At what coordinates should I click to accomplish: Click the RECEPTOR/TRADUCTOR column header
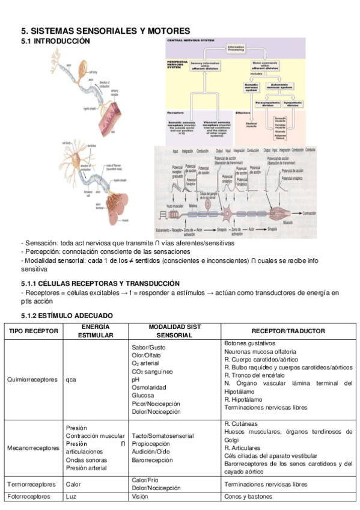click(288, 331)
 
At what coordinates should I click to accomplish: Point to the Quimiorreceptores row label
click(33, 379)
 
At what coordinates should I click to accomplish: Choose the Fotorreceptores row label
click(30, 497)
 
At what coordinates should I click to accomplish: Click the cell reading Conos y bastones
click(248, 497)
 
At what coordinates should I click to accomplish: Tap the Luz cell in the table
click(71, 497)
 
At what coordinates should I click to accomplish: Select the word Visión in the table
click(139, 497)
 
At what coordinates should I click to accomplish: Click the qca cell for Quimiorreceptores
click(71, 379)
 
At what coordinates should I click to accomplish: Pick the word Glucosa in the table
click(143, 396)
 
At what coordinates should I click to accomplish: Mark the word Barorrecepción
click(153, 459)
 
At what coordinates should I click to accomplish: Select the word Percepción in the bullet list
click(41, 251)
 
